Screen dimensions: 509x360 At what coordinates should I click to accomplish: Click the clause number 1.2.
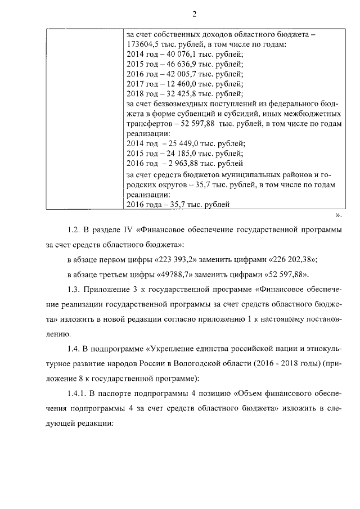(74, 230)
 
